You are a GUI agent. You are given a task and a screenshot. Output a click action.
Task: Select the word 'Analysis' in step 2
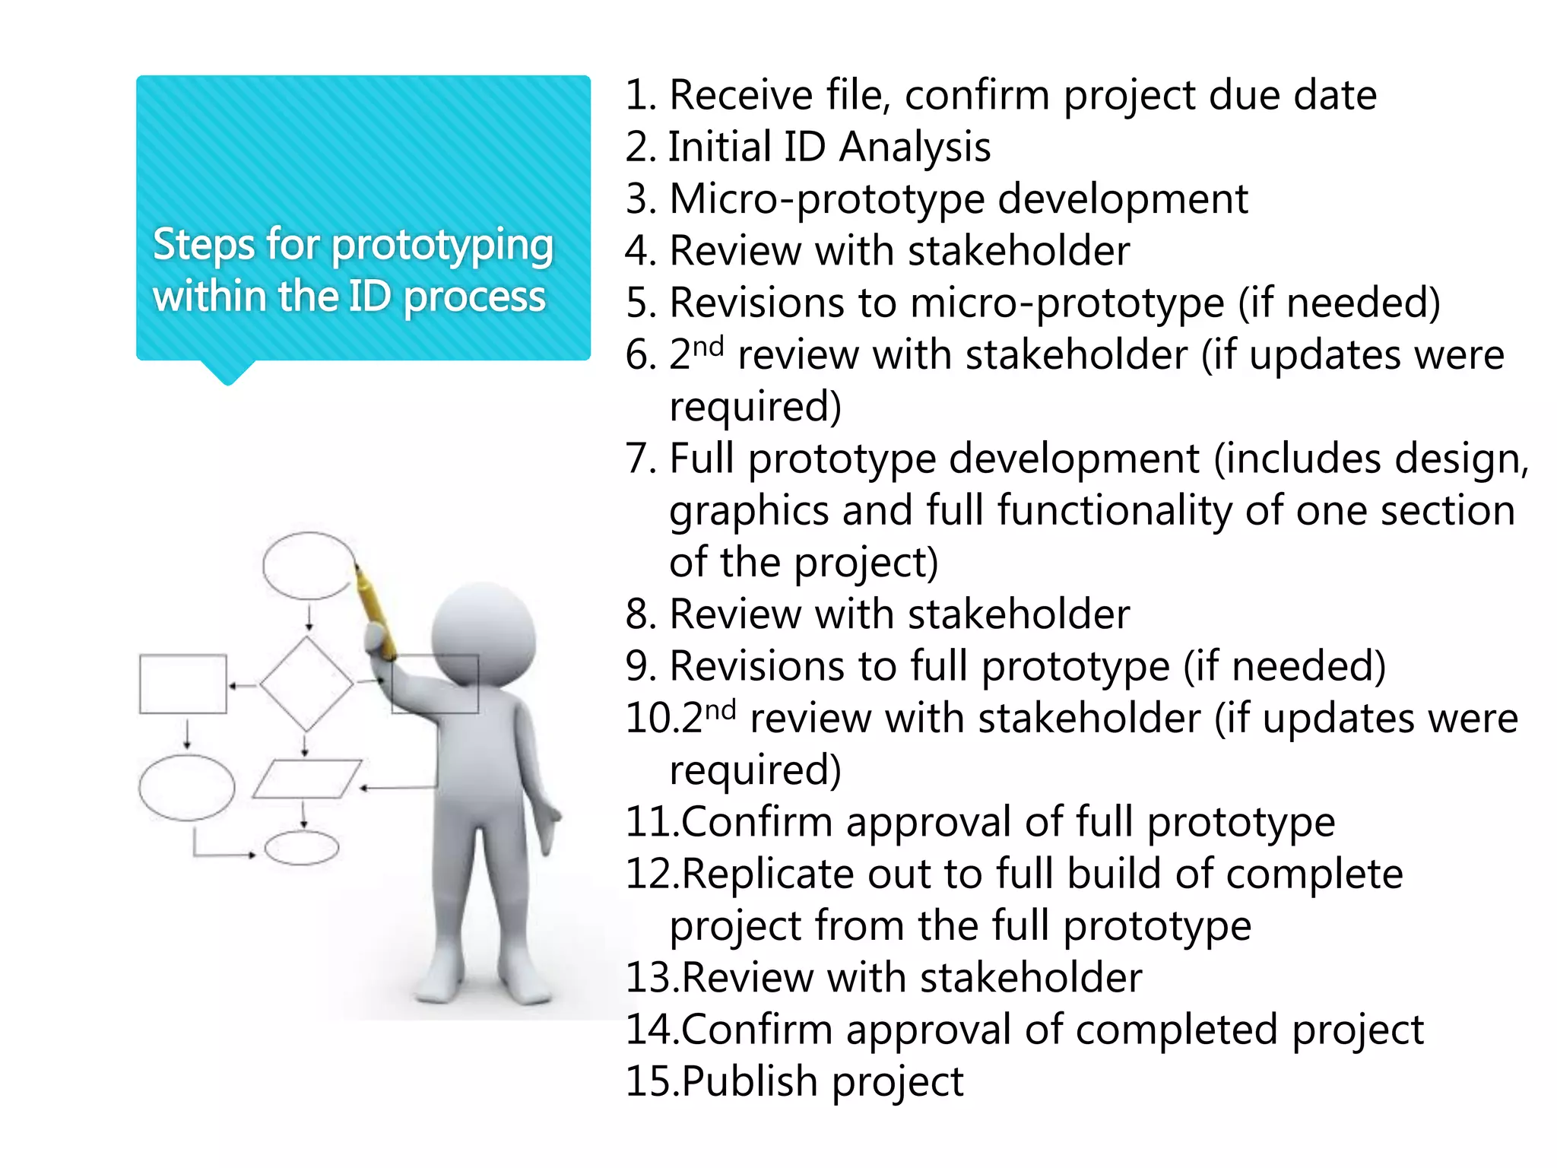(915, 148)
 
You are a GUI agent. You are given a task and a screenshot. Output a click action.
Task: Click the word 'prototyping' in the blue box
(442, 246)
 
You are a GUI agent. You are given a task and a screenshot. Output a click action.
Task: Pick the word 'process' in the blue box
(474, 297)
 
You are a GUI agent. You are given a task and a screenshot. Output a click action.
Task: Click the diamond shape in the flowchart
(306, 684)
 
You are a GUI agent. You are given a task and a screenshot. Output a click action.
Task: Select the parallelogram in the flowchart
(306, 779)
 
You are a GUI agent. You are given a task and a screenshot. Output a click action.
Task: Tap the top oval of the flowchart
(308, 566)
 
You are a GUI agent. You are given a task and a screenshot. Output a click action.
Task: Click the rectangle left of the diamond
(183, 684)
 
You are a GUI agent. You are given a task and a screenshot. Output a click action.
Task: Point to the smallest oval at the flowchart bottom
(302, 848)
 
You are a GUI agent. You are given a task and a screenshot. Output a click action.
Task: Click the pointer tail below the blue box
(228, 372)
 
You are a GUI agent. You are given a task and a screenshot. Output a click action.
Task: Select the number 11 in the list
(651, 823)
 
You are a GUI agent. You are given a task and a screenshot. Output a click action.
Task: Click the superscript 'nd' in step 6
(708, 346)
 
